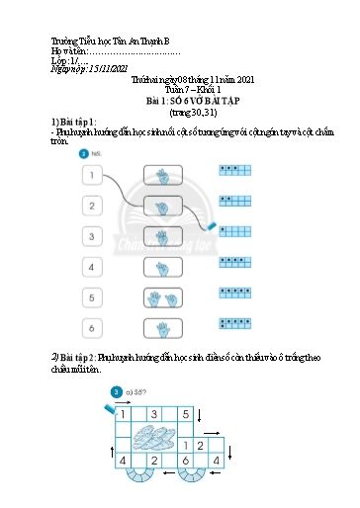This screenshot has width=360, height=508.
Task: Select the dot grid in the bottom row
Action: tap(238, 323)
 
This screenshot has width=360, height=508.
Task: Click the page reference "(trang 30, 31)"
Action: tap(179, 111)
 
